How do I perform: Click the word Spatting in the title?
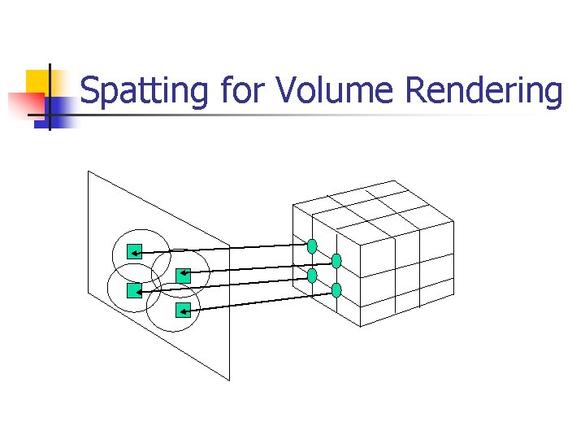point(144,91)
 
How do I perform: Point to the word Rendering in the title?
point(483,91)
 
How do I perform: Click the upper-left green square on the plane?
point(135,252)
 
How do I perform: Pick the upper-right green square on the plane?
point(183,275)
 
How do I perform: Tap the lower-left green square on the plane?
point(134,289)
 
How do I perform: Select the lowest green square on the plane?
point(184,309)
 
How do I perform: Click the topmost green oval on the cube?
point(312,246)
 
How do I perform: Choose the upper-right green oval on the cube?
point(336,261)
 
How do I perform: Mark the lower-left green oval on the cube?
point(312,276)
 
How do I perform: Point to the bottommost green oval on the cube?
point(336,290)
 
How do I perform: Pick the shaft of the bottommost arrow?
point(260,300)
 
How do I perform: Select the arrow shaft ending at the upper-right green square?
point(260,267)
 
